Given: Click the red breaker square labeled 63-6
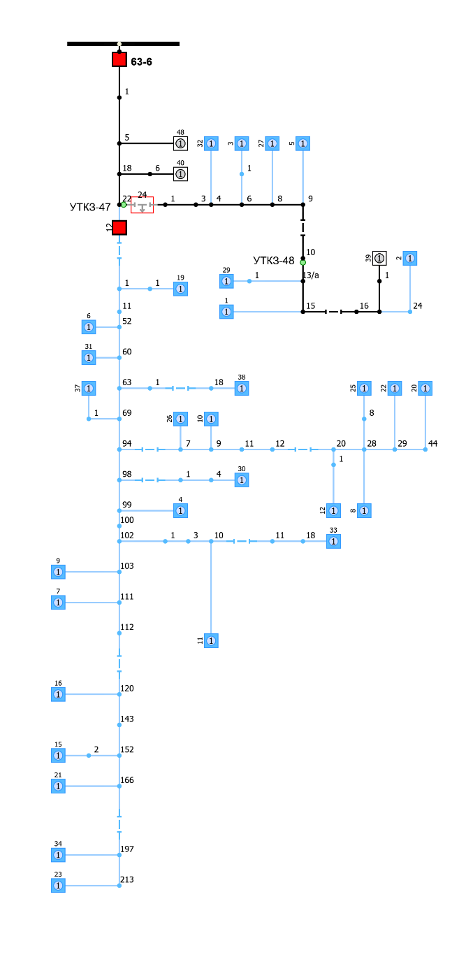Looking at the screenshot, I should (119, 59).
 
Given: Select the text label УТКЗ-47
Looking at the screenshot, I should (90, 207).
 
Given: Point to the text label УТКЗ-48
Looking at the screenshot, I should (274, 261).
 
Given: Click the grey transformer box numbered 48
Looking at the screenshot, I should (180, 143).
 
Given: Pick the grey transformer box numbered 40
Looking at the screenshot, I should (180, 173).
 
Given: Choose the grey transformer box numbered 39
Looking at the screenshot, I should (379, 258).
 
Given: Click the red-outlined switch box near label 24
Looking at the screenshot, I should (143, 206).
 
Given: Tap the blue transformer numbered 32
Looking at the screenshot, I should (211, 143).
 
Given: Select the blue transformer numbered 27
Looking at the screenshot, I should (272, 143).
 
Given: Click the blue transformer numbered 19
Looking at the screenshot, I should (180, 289).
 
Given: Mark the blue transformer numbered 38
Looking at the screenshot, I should (242, 388).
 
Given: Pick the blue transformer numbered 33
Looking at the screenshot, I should (333, 541).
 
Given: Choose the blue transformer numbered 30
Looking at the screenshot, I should (242, 480).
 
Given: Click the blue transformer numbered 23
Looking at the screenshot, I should (58, 885).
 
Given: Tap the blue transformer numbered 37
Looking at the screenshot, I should (89, 388).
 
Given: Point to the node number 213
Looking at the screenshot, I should (126, 879).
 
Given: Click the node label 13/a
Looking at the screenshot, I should (311, 275).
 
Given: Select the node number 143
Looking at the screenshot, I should (126, 719).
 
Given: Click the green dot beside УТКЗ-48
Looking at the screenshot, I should (303, 263).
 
